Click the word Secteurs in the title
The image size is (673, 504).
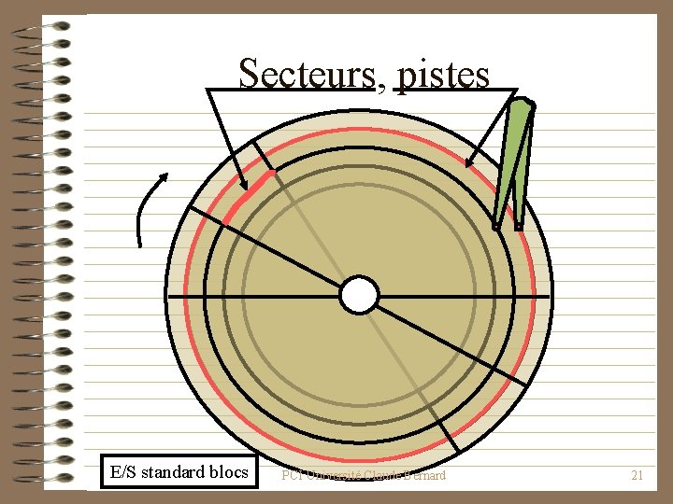[305, 73]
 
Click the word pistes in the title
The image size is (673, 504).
[443, 74]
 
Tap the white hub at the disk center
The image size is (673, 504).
[359, 295]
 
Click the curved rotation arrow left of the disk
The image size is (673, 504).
[145, 210]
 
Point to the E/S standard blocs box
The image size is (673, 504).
[179, 472]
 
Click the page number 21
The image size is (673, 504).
[637, 476]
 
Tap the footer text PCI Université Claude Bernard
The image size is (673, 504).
[365, 476]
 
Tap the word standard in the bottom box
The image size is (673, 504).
[173, 472]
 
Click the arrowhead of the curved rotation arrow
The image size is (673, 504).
[163, 176]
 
